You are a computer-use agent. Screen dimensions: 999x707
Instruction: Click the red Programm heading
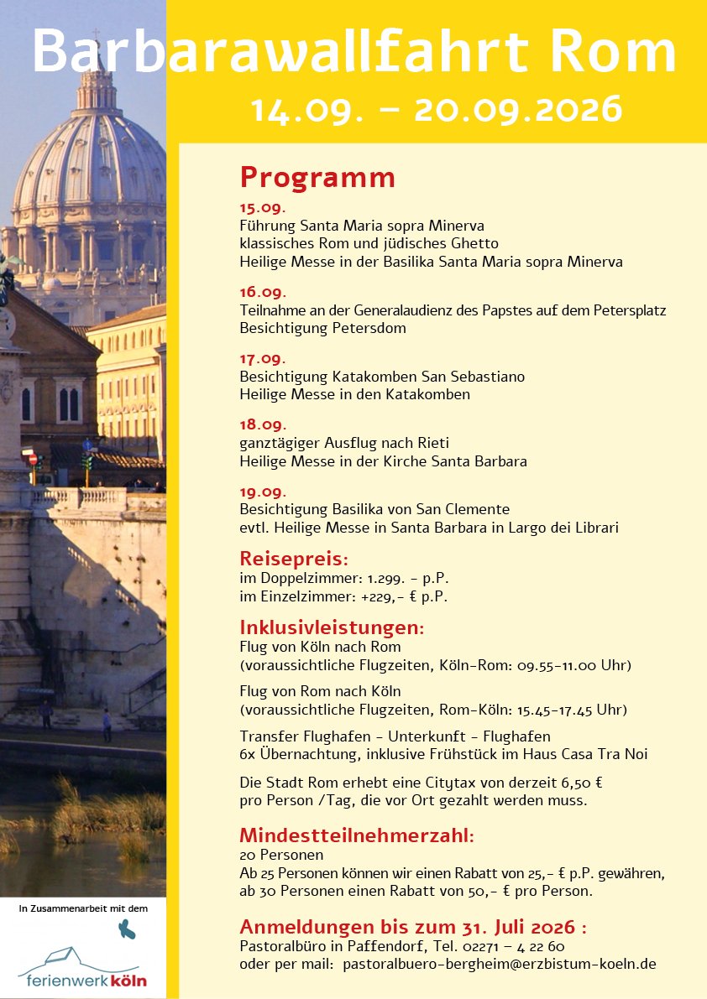click(x=317, y=178)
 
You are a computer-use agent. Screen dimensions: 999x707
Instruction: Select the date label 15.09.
click(x=263, y=208)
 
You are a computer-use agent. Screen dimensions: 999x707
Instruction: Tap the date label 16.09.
click(x=263, y=292)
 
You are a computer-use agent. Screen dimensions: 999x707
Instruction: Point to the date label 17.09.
click(x=263, y=358)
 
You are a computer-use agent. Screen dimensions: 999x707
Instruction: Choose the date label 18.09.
click(x=263, y=424)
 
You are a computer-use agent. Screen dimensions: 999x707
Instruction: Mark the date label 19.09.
click(x=263, y=492)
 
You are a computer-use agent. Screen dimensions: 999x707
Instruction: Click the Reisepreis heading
click(x=293, y=559)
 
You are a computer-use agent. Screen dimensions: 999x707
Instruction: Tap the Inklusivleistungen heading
click(x=332, y=627)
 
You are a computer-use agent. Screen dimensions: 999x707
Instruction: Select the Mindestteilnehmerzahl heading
click(x=357, y=835)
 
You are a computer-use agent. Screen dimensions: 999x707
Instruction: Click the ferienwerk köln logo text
click(x=82, y=981)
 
